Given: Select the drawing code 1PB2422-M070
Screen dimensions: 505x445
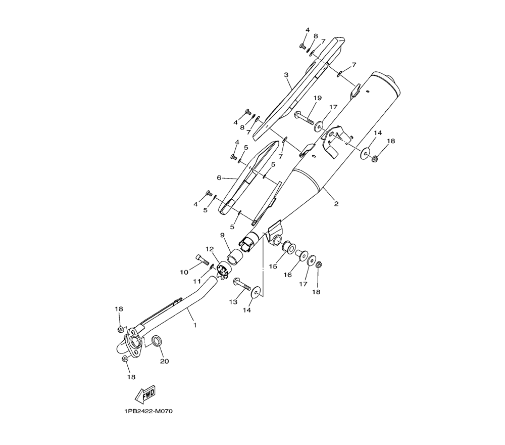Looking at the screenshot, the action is pyautogui.click(x=148, y=411).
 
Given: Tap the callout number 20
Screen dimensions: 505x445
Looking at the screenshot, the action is pyautogui.click(x=164, y=361).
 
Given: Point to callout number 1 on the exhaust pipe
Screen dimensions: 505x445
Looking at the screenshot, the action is pyautogui.click(x=195, y=325).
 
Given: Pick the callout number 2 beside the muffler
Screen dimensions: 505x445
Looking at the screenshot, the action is pyautogui.click(x=336, y=204).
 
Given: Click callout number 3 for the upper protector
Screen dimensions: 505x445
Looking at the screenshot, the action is pyautogui.click(x=286, y=75).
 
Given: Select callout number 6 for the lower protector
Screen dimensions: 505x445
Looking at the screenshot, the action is pyautogui.click(x=219, y=177).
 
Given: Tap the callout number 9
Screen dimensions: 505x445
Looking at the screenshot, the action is pyautogui.click(x=222, y=235).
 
